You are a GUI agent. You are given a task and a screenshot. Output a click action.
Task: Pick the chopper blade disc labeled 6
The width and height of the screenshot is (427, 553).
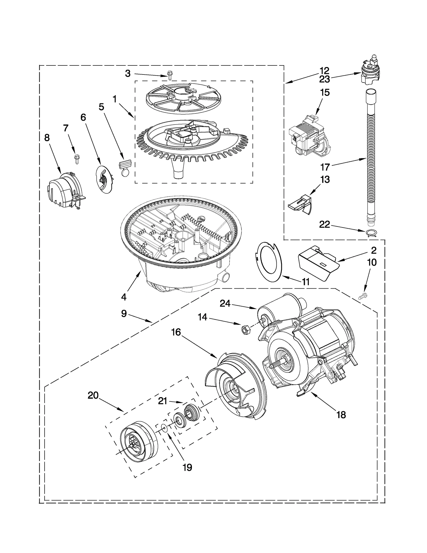pos(104,179)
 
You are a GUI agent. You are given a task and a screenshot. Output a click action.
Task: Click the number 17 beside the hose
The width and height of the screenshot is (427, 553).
pos(325,167)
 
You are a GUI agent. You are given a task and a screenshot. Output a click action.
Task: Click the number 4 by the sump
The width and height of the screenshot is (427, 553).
pos(124,297)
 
